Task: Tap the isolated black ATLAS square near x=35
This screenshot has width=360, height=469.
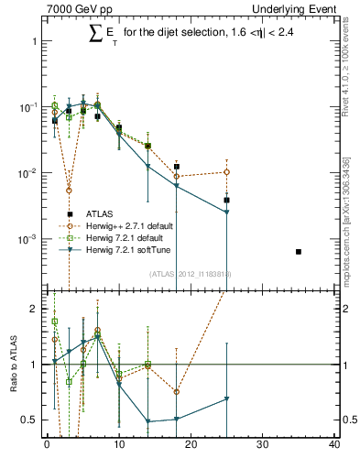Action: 299,251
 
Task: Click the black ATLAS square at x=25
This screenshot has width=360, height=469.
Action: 226,200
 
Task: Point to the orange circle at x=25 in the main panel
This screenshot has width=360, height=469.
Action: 226,172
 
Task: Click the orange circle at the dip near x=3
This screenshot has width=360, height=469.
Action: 69,191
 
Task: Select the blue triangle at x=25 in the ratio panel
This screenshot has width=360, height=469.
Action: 226,398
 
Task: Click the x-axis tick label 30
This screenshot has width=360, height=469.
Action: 263,446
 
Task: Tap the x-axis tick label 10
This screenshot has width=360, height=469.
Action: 119,446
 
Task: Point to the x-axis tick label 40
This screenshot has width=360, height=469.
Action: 334,446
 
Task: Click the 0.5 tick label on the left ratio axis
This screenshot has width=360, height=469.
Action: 32,420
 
